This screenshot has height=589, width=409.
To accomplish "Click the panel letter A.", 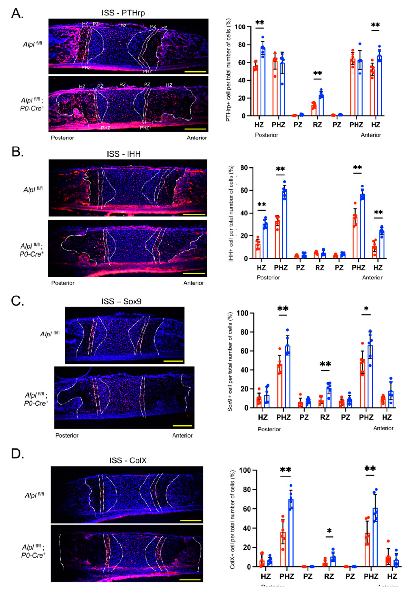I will click(17, 13).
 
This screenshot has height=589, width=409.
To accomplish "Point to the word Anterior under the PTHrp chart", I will click(371, 135).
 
